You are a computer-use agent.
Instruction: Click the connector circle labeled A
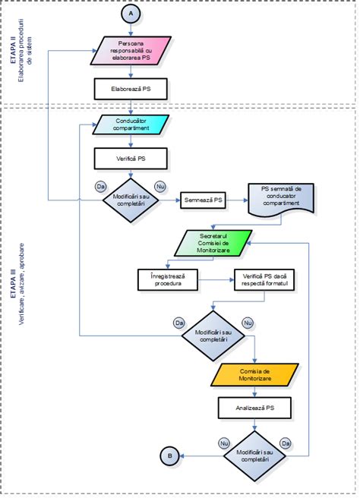(x=131, y=14)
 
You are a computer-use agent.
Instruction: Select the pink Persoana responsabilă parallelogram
(x=131, y=51)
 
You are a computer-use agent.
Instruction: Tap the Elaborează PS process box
(x=131, y=89)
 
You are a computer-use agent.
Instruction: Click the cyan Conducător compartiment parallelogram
(x=131, y=124)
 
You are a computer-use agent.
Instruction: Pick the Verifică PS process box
(x=131, y=159)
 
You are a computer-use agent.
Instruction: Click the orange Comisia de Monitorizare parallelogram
(x=256, y=373)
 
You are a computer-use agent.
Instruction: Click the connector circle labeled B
(x=169, y=455)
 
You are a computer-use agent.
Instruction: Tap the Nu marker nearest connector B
(x=224, y=441)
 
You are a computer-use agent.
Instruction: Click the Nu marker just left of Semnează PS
(x=159, y=186)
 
